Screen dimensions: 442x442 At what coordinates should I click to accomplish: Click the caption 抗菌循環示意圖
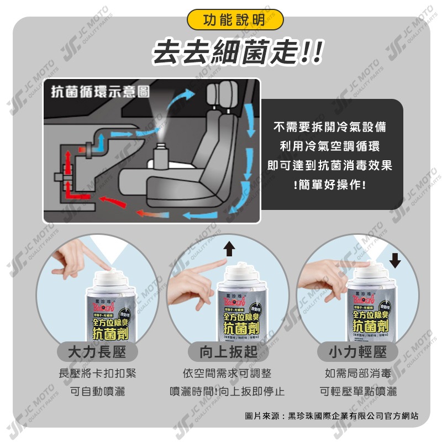click(x=99, y=92)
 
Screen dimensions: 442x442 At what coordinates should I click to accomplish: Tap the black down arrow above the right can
click(x=395, y=259)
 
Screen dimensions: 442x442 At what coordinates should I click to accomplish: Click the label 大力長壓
click(x=97, y=352)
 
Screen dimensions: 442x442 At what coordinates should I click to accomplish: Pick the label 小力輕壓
click(x=357, y=352)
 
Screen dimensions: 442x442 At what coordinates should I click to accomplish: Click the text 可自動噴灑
click(x=97, y=392)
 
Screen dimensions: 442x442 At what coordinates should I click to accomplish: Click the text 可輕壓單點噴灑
click(x=357, y=392)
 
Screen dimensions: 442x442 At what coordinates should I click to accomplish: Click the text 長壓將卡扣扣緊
click(x=97, y=374)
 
